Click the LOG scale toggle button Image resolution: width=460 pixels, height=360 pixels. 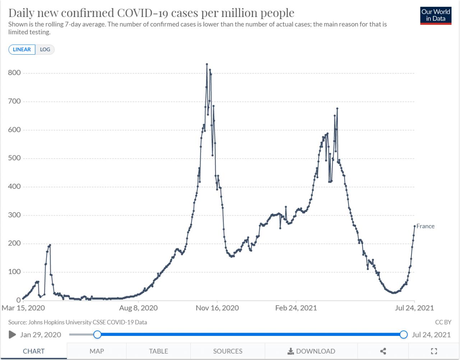[x=45, y=50]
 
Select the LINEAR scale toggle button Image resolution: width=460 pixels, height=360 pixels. [x=22, y=50]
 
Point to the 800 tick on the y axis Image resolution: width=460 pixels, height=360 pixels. [x=14, y=73]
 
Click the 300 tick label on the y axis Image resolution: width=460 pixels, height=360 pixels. [x=14, y=215]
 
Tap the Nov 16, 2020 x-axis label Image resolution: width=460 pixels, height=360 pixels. [x=217, y=308]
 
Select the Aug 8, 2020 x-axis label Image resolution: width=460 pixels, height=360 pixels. [x=138, y=308]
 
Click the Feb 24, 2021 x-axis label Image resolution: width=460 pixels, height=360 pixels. [x=296, y=308]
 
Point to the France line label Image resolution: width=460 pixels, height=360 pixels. [x=425, y=226]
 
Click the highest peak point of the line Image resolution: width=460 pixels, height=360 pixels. [x=207, y=64]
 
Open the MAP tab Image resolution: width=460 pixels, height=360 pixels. [x=97, y=351]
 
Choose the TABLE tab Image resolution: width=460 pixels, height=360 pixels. [x=158, y=351]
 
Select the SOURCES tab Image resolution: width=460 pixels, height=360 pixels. [x=227, y=351]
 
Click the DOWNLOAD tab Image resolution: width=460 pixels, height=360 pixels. [x=311, y=351]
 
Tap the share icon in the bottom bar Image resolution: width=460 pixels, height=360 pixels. [x=383, y=351]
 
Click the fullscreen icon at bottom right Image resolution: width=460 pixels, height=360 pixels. [x=434, y=351]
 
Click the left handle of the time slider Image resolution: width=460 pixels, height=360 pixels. [x=97, y=335]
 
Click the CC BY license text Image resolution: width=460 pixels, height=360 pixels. [x=443, y=322]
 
